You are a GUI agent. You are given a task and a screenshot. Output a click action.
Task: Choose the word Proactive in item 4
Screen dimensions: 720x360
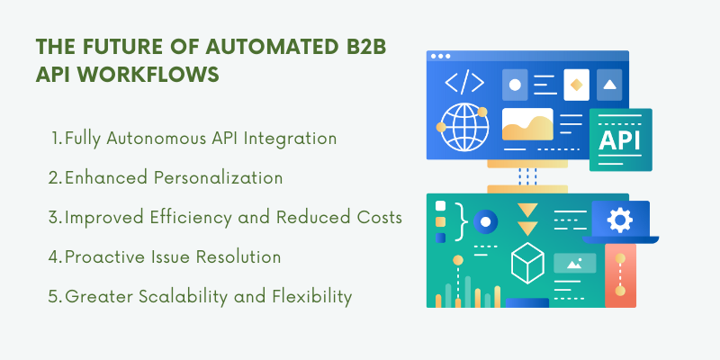105,257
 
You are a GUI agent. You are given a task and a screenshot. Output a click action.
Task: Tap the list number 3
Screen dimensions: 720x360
54,218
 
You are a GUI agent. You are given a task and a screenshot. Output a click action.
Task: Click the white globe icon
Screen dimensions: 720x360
464,127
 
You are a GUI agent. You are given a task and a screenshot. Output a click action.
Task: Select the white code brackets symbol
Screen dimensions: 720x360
464,83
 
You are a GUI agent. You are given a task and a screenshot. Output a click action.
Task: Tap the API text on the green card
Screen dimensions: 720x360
619,141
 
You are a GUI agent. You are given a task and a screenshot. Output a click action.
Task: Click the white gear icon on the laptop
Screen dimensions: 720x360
620,220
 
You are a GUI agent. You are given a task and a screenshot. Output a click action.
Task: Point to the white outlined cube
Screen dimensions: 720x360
527,263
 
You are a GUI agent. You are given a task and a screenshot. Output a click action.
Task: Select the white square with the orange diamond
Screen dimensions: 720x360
576,85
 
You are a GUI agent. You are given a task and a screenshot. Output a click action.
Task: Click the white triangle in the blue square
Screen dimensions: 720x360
609,85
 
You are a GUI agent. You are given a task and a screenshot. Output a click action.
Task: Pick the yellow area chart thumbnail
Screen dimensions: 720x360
527,124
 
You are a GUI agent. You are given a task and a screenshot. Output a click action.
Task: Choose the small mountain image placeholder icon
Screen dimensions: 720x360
574,264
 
